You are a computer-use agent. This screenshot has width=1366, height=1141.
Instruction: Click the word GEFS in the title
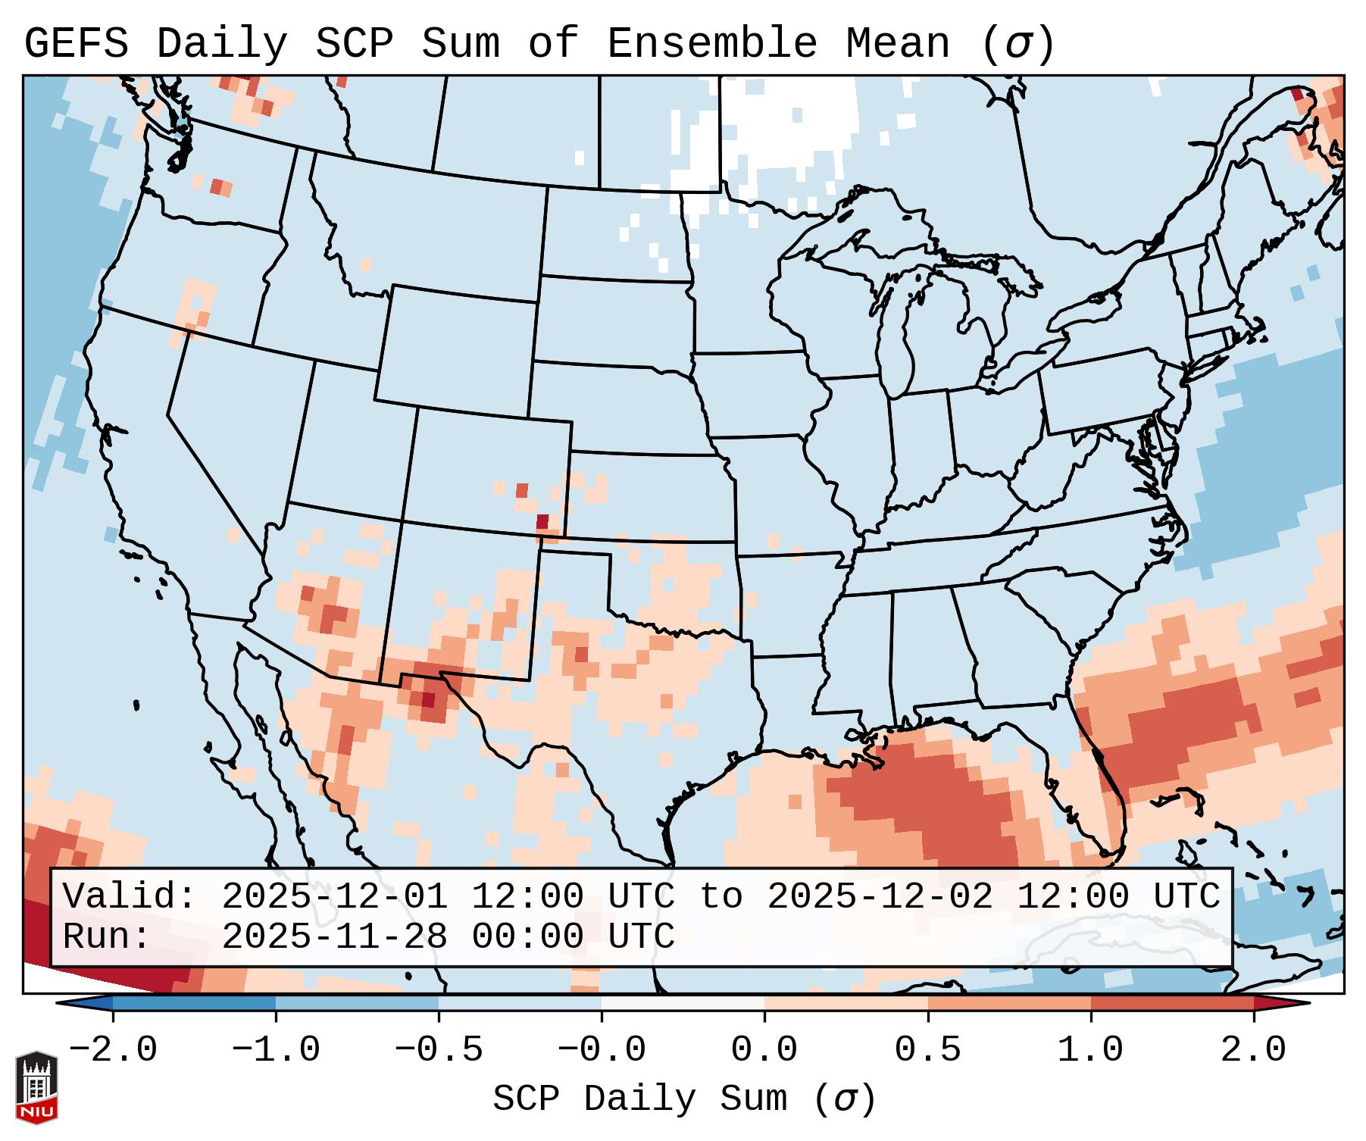point(76,43)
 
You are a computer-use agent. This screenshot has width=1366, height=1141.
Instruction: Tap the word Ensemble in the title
point(711,43)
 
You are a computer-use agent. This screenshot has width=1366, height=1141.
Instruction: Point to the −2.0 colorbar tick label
point(113,1050)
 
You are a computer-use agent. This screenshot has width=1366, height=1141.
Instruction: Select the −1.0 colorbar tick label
point(276,1050)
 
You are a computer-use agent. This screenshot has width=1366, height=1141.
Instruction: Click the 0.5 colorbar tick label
point(927,1050)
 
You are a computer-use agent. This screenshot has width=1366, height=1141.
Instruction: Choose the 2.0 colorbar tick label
point(1253,1050)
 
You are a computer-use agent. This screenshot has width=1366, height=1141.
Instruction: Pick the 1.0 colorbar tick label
point(1090,1050)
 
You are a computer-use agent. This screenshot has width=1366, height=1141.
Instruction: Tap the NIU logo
point(36,1087)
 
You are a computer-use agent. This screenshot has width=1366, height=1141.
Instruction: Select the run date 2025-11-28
point(334,936)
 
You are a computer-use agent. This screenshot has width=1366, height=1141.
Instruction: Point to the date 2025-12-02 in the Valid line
point(880,896)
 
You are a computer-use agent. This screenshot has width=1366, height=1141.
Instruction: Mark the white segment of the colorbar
point(683,1003)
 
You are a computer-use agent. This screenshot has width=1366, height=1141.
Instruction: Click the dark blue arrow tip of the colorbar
point(80,1003)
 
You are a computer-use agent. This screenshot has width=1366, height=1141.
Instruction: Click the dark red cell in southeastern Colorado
point(542,521)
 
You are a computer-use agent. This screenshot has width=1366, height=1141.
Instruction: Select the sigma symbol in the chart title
point(1017,43)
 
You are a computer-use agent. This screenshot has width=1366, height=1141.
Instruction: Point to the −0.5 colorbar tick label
point(439,1050)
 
